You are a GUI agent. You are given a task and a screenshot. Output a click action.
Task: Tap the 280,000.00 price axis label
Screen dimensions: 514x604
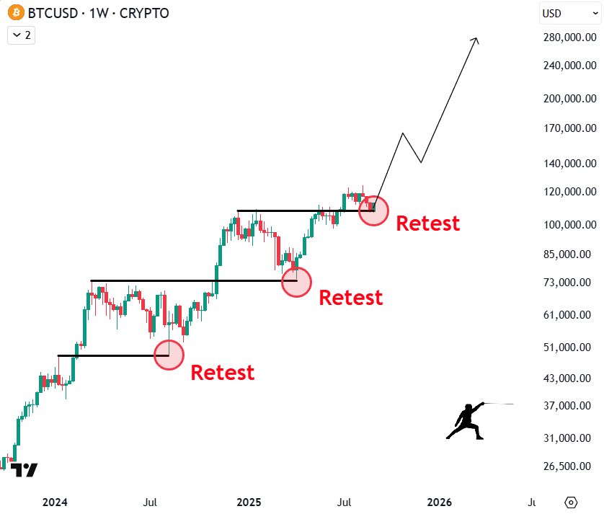(570, 36)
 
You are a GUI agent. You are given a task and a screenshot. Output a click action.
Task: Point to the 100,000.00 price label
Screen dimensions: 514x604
(570, 225)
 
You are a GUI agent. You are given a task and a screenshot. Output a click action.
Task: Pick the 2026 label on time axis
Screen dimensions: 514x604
(440, 502)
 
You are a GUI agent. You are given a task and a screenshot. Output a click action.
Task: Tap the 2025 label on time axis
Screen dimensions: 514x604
(249, 502)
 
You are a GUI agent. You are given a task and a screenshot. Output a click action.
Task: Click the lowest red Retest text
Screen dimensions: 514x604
(222, 373)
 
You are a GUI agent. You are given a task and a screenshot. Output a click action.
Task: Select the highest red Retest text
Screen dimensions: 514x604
(428, 223)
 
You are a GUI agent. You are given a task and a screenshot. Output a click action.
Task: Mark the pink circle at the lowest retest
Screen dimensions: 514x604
(169, 355)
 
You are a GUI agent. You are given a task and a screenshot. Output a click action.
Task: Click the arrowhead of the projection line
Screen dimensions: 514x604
(476, 40)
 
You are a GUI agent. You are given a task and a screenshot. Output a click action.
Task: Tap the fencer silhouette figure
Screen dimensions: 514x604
(467, 421)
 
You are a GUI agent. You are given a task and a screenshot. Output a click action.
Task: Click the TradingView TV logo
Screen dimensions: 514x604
(24, 469)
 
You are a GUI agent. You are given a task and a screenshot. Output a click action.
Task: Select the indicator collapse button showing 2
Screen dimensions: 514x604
(22, 35)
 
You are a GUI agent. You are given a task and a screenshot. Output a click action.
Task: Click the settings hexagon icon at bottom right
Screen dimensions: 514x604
(572, 502)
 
